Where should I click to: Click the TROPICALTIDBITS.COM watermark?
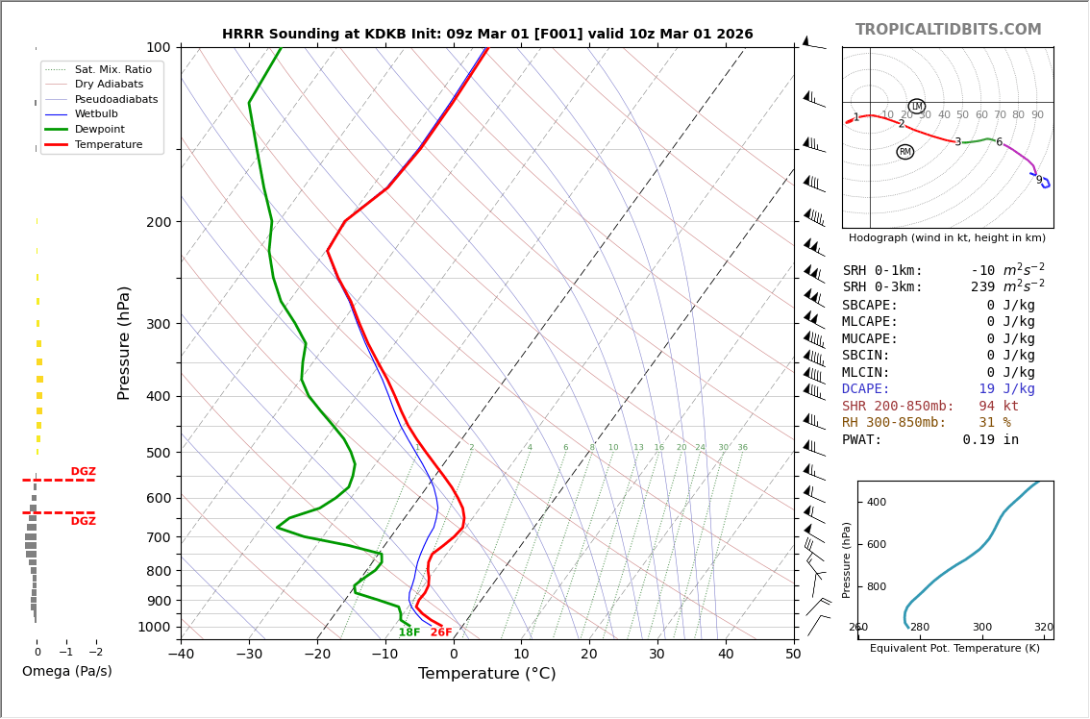948,30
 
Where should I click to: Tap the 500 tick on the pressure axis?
159,453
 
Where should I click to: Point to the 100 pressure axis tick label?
159,47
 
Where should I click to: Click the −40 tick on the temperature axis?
181,655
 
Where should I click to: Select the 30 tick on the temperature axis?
657,655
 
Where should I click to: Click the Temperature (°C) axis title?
486,674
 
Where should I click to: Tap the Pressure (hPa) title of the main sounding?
124,342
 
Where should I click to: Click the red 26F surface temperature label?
441,632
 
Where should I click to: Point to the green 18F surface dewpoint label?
409,632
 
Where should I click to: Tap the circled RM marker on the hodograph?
904,152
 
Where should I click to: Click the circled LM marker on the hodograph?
916,107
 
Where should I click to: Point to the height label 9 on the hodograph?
1038,180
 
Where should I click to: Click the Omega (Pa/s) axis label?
67,671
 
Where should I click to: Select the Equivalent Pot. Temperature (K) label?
954,648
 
